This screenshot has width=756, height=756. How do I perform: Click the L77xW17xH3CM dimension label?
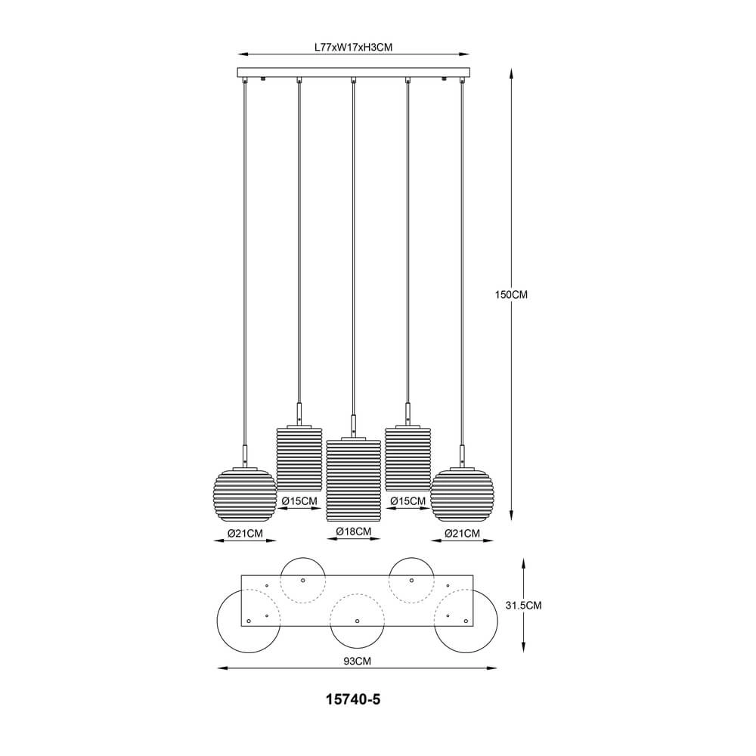pyautogui.click(x=353, y=47)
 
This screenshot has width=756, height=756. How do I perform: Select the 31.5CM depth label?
pyautogui.click(x=522, y=606)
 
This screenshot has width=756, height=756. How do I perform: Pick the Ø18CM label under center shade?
pyautogui.click(x=353, y=531)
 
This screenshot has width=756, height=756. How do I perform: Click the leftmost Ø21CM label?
pyautogui.click(x=245, y=534)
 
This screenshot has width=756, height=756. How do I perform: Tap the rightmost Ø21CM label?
pyautogui.click(x=462, y=534)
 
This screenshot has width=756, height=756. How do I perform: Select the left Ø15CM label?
pyautogui.click(x=299, y=501)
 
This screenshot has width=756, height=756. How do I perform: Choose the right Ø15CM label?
pyautogui.click(x=408, y=501)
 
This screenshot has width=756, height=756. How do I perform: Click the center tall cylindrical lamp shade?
pyautogui.click(x=353, y=480)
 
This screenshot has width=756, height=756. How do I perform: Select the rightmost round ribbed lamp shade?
pyautogui.click(x=462, y=495)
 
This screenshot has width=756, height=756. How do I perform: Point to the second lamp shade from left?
pyautogui.click(x=299, y=458)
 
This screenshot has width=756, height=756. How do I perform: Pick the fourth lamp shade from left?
pyautogui.click(x=408, y=458)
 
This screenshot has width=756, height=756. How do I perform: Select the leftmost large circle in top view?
pyautogui.click(x=247, y=622)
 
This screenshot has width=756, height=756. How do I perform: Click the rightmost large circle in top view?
pyautogui.click(x=466, y=622)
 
